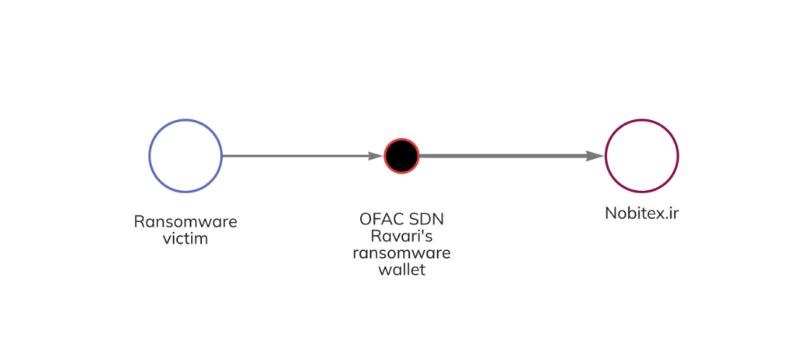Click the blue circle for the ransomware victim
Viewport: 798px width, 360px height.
pos(185,156)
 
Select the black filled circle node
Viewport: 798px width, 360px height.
pos(401,156)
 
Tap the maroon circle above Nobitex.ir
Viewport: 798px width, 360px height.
pos(641,156)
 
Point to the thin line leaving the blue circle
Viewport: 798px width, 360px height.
pos(296,156)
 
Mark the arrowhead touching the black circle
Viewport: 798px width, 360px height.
pos(376,156)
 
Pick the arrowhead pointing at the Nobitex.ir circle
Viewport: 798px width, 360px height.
pos(595,156)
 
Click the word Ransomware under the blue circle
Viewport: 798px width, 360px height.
pos(185,222)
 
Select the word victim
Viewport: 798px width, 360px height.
pos(185,238)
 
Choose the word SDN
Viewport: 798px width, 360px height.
pos(429,221)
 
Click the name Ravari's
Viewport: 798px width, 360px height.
pos(401,237)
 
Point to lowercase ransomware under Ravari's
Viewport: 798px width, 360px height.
pos(401,254)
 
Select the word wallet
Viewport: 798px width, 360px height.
pos(401,270)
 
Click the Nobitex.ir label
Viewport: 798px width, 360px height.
pos(641,213)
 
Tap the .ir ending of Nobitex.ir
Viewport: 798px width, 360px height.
pos(670,213)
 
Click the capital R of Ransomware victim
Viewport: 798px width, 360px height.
pos(139,222)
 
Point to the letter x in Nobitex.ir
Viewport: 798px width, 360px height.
pos(658,214)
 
